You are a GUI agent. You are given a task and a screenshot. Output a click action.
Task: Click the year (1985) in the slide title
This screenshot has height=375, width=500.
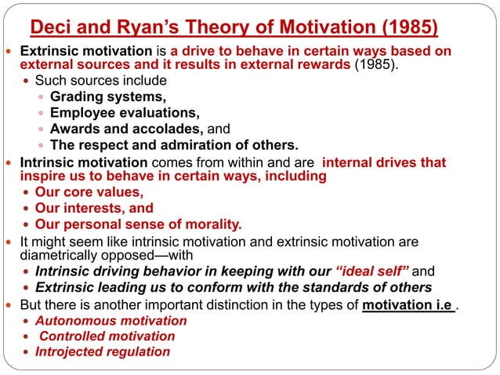pyautogui.click(x=406, y=30)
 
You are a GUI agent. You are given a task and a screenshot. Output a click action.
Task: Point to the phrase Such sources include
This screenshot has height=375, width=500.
pyautogui.click(x=100, y=81)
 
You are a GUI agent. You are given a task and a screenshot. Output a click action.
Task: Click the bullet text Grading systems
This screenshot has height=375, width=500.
pyautogui.click(x=107, y=97)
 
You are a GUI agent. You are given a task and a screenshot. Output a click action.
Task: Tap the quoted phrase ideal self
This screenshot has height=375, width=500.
pyautogui.click(x=372, y=271)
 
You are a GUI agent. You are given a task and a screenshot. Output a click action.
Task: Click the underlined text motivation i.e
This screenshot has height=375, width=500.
pyautogui.click(x=408, y=304)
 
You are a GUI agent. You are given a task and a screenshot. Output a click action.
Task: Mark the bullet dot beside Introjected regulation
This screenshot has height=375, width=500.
pyautogui.click(x=27, y=352)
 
